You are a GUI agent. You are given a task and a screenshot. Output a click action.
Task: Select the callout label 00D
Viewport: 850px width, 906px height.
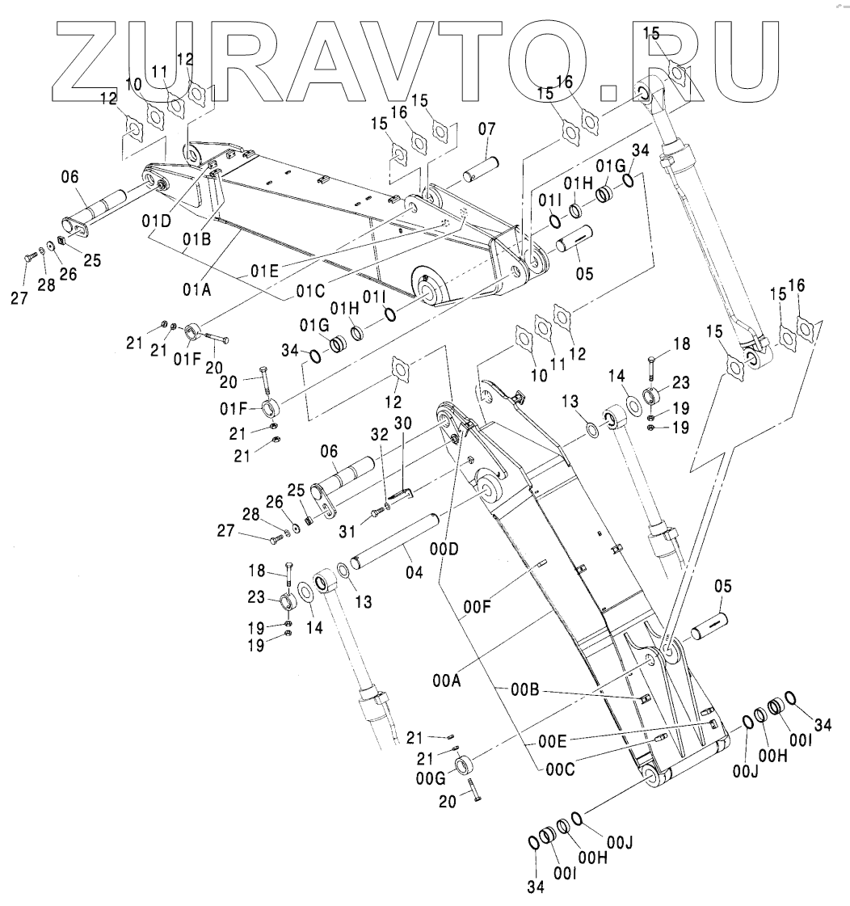tap(444, 549)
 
